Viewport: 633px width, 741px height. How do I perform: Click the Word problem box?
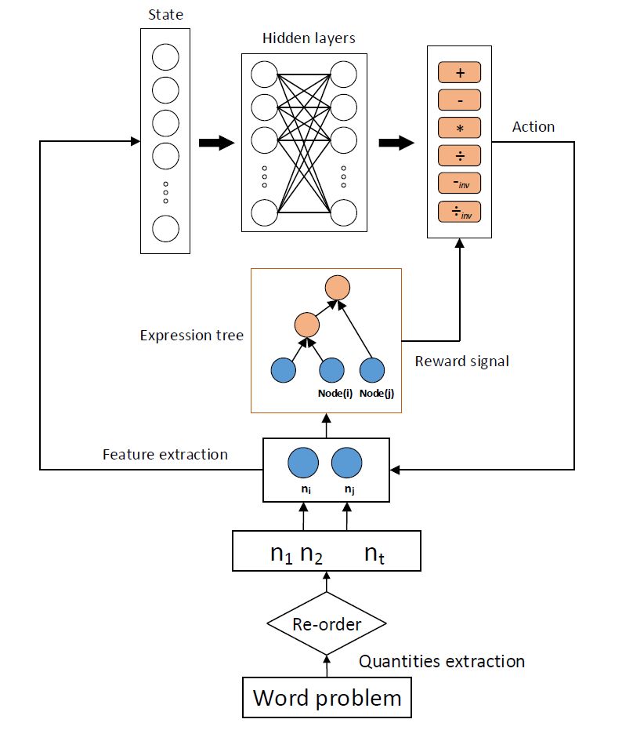327,697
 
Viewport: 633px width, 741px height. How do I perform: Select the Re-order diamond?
326,624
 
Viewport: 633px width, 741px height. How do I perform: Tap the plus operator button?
459,73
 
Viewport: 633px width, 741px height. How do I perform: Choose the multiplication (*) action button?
459,128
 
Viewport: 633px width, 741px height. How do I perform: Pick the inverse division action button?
459,212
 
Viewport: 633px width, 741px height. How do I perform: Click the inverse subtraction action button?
459,184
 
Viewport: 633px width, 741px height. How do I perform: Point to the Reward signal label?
461,361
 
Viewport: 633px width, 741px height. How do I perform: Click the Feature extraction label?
165,454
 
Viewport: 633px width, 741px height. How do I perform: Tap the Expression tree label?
191,336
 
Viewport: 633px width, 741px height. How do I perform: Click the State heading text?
165,16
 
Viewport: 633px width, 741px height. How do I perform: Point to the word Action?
533,126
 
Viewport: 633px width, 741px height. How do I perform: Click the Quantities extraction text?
442,661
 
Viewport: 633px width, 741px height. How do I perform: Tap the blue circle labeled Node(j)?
371,371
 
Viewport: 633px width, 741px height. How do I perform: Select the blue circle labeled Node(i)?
331,371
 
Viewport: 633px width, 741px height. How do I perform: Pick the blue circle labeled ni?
302,463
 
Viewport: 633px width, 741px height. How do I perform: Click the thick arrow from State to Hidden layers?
216,143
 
